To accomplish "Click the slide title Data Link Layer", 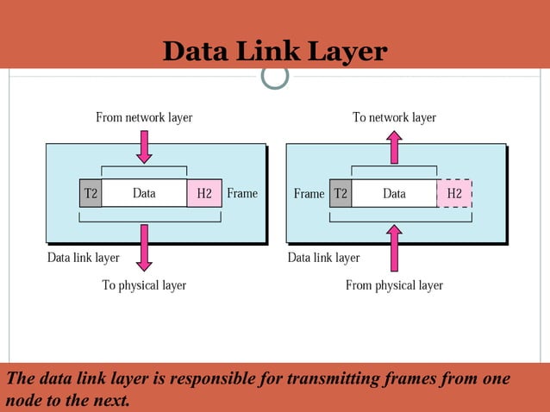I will pyautogui.click(x=275, y=51).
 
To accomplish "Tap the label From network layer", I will pyautogui.click(x=144, y=117).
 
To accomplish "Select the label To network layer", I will pyautogui.click(x=394, y=117).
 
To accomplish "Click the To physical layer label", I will pyautogui.click(x=144, y=284).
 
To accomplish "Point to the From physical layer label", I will pyautogui.click(x=394, y=284).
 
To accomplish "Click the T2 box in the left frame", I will pyautogui.click(x=91, y=193).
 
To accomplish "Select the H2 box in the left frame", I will pyautogui.click(x=204, y=193).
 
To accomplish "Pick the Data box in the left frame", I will pyautogui.click(x=144, y=193).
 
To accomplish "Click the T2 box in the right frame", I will pyautogui.click(x=341, y=193).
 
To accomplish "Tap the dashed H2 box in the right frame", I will pyautogui.click(x=454, y=193).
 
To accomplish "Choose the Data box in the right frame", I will pyautogui.click(x=394, y=193).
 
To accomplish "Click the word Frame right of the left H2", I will pyautogui.click(x=242, y=193).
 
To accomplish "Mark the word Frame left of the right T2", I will pyautogui.click(x=309, y=193).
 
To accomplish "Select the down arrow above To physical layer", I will pyautogui.click(x=144, y=247).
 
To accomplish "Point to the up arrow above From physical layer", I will pyautogui.click(x=394, y=248).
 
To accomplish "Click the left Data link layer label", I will pyautogui.click(x=83, y=257).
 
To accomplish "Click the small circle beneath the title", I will pyautogui.click(x=275, y=76).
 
